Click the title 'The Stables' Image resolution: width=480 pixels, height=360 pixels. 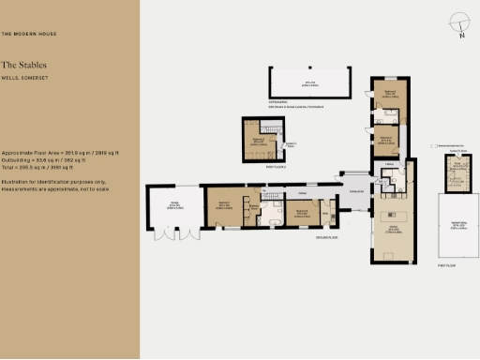click(x=23, y=65)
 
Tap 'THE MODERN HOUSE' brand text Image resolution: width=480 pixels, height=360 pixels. click(x=27, y=34)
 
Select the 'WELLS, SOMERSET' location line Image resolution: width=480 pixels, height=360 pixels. click(x=24, y=77)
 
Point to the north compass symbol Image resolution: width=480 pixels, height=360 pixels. click(x=457, y=23)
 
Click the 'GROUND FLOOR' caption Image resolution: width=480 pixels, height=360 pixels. click(x=327, y=238)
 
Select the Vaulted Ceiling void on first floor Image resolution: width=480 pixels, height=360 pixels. click(x=458, y=225)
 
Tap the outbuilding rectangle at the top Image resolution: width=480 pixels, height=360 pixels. click(x=309, y=82)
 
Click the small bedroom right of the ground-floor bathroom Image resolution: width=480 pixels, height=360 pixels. click(x=302, y=214)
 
